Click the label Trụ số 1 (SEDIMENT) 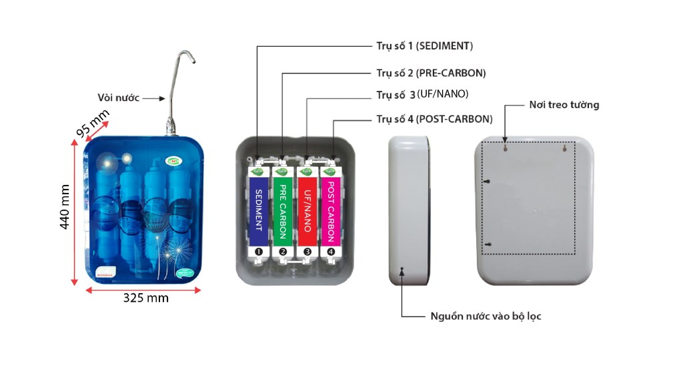[424, 46]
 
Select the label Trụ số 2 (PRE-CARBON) [430, 73]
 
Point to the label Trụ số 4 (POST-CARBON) [434, 120]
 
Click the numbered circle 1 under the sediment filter [258, 252]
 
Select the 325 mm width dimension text [145, 298]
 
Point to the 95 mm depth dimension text [92, 124]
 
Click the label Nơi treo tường [564, 105]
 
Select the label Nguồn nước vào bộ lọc [486, 316]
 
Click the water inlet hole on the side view [402, 270]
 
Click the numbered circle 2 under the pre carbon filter [283, 252]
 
